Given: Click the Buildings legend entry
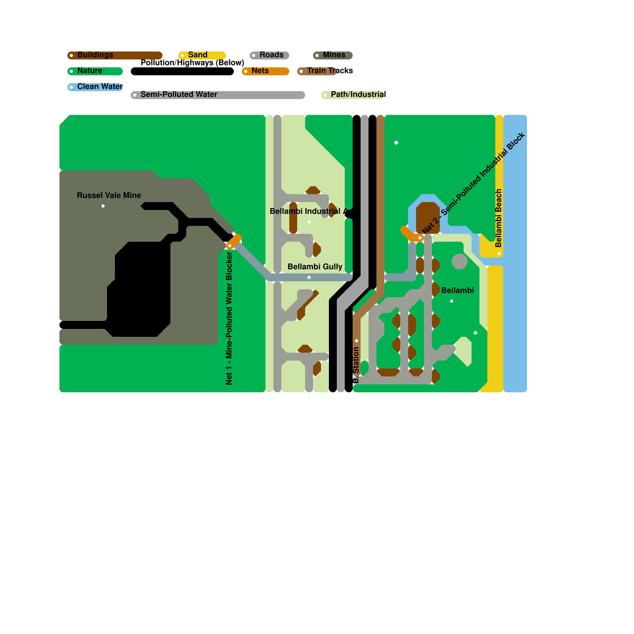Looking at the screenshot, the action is (95, 55).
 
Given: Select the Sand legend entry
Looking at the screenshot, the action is (198, 55).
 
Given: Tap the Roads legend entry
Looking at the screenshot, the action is (271, 55).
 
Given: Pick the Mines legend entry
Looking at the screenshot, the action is (334, 55).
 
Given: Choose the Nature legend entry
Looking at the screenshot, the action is (90, 71).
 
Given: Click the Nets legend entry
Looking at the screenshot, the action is (260, 71).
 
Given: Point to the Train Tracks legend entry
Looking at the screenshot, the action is (330, 71).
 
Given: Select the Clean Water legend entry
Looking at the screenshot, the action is (100, 86).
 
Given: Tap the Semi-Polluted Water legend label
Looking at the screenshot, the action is (179, 94).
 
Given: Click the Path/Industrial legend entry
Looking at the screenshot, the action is (358, 94).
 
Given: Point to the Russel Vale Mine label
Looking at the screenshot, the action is (109, 195).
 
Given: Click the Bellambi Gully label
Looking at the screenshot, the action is (315, 267).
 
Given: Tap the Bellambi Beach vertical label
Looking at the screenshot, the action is (498, 218).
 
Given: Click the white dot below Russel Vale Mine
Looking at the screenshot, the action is (103, 206).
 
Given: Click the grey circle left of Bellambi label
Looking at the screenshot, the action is (460, 262).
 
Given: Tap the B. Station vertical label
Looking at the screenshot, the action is (356, 365).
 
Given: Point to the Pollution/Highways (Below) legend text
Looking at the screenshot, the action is (192, 63).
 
